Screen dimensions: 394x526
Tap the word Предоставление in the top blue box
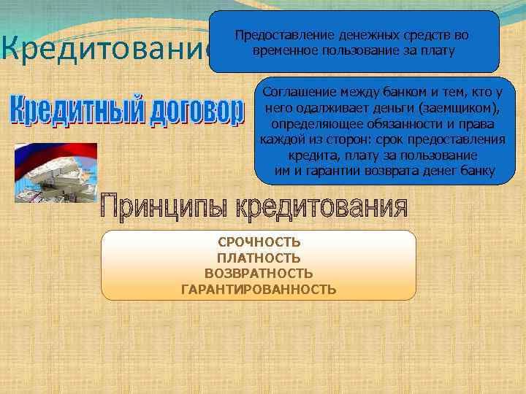click(x=280, y=34)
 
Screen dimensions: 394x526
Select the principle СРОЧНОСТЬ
click(x=259, y=242)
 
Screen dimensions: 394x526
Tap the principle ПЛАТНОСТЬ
click(x=259, y=258)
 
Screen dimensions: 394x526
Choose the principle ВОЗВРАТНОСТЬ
click(x=259, y=274)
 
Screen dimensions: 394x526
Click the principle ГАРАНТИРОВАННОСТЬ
click(x=259, y=290)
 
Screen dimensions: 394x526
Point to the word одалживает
click(x=330, y=109)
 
